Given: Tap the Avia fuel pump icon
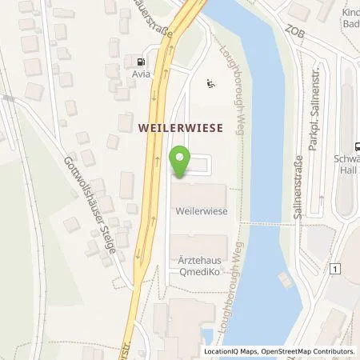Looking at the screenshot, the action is point(142,61).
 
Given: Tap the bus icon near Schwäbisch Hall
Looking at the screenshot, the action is point(354,146).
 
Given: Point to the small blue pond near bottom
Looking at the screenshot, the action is point(206,336).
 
